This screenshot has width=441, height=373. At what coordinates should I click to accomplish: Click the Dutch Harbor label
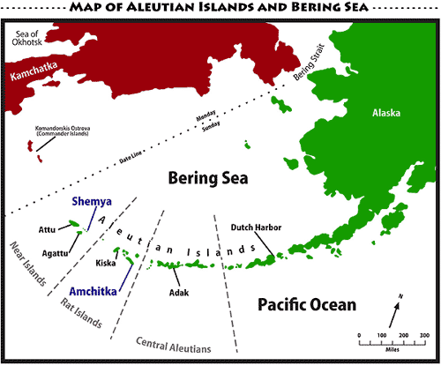(x=256, y=227)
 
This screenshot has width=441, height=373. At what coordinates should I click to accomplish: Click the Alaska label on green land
(x=384, y=114)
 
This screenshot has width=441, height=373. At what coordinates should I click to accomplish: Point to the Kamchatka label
(x=38, y=76)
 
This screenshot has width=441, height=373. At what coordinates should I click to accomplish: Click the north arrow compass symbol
(x=396, y=310)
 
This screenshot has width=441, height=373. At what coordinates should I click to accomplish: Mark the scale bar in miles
(x=392, y=343)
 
